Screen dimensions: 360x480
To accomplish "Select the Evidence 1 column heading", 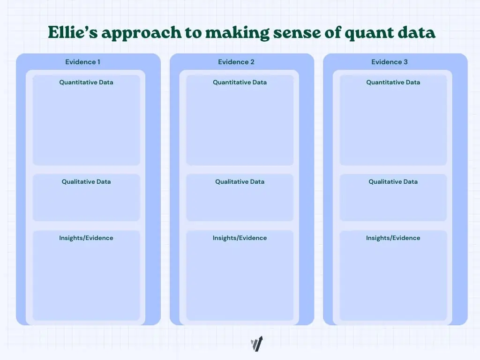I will (82, 62).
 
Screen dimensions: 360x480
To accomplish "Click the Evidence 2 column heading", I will (236, 62).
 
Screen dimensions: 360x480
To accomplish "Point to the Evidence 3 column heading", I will (389, 62).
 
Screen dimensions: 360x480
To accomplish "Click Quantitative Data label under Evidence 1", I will (86, 82).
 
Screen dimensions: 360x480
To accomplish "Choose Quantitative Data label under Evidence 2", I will (240, 82).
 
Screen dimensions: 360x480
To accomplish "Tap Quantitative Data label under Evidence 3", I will (393, 82).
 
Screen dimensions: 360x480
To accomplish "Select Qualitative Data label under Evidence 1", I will (86, 182).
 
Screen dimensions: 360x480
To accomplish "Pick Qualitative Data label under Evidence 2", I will (240, 182).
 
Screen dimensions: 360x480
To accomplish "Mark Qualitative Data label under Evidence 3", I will (393, 182).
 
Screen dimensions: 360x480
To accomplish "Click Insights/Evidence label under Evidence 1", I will (86, 238).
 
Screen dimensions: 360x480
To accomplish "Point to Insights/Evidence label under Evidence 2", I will (240, 238).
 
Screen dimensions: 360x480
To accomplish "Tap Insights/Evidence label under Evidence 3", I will (393, 238).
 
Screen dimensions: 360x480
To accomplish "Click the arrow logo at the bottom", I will (257, 344).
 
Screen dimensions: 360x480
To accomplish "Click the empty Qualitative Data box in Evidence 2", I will (240, 204).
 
